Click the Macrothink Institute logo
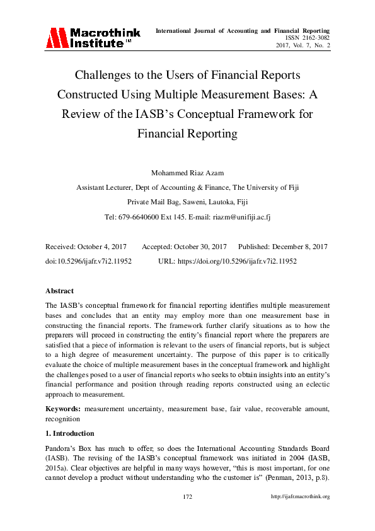pyautogui.click(x=88, y=38)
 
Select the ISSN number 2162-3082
pyautogui.click(x=316, y=38)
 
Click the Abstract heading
pyautogui.click(x=59, y=291)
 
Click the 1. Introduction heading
pyautogui.click(x=69, y=433)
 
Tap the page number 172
pyautogui.click(x=187, y=497)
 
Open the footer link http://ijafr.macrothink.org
pyautogui.click(x=300, y=497)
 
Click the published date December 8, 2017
pyautogui.click(x=299, y=247)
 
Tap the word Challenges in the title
pyautogui.click(x=102, y=76)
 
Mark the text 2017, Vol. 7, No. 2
pyautogui.click(x=303, y=45)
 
